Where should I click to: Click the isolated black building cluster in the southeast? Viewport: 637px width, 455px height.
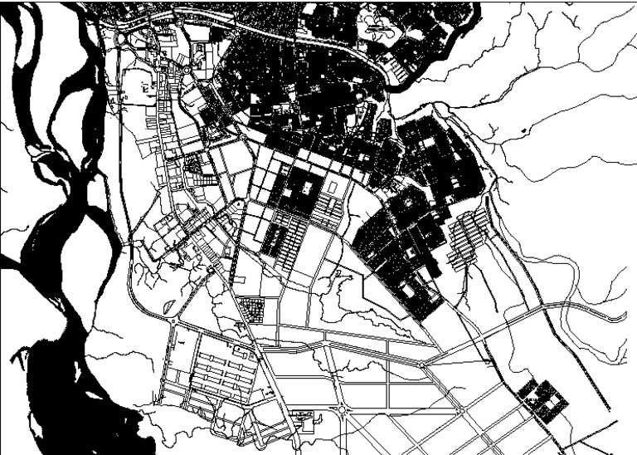tap(543, 399)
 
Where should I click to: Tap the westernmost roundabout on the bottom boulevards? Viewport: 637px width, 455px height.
tap(342, 409)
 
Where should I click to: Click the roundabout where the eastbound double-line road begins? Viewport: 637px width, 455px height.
tap(422, 364)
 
